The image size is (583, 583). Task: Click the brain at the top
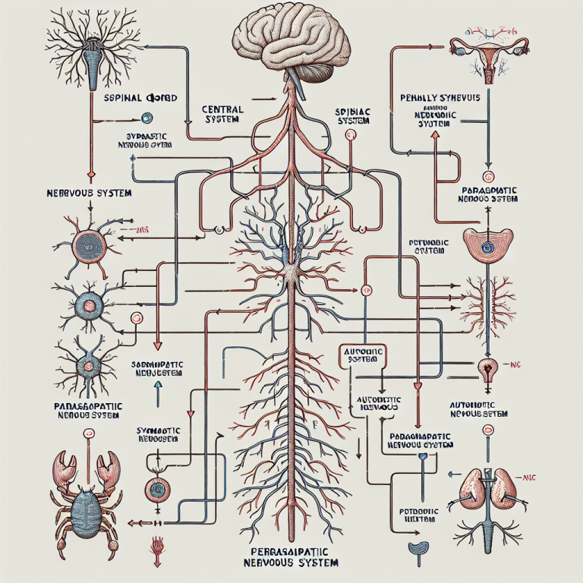(291, 38)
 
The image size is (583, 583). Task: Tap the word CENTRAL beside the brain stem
(224, 110)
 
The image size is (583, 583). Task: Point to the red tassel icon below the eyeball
(159, 545)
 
